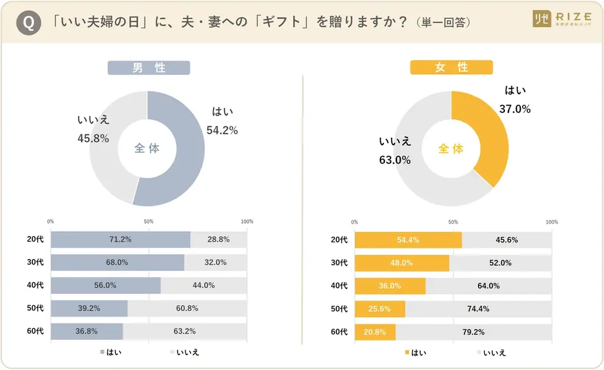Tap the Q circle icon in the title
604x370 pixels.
pyautogui.click(x=27, y=22)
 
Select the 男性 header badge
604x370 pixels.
pyautogui.click(x=149, y=68)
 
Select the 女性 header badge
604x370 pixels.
pyautogui.click(x=451, y=68)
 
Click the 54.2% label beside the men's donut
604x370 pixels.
pyautogui.click(x=222, y=130)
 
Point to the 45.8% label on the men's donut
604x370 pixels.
pyautogui.click(x=93, y=138)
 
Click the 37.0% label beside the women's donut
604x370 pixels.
pyautogui.click(x=515, y=109)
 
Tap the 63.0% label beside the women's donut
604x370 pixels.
pyautogui.click(x=395, y=160)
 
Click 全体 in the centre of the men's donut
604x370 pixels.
pyautogui.click(x=147, y=149)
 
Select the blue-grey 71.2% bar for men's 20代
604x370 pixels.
pyautogui.click(x=120, y=240)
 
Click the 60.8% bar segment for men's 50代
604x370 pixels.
pyautogui.click(x=187, y=309)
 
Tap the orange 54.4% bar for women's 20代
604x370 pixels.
pyautogui.click(x=408, y=240)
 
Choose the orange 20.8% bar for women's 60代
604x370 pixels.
pyautogui.click(x=375, y=332)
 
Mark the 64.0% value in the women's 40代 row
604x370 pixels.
pyautogui.click(x=488, y=286)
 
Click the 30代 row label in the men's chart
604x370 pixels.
pyautogui.click(x=35, y=263)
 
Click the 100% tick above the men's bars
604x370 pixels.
pyautogui.click(x=247, y=222)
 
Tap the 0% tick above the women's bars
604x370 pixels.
pyautogui.click(x=354, y=222)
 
